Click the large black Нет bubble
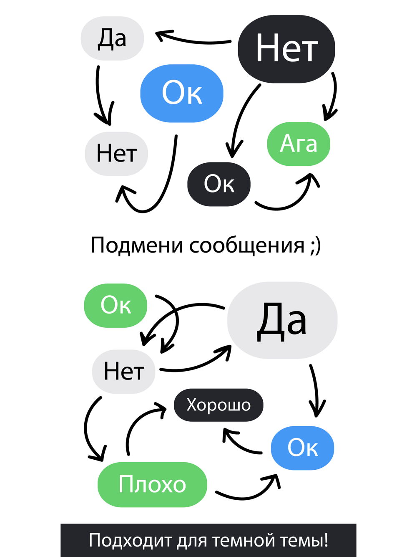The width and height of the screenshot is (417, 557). coord(286,49)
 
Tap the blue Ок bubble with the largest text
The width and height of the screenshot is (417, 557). coord(182,93)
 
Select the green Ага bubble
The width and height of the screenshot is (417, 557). coord(299,144)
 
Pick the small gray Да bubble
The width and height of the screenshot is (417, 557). coord(112,38)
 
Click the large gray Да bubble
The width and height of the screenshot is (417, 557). coord(282,320)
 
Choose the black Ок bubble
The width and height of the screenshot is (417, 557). coord(219,184)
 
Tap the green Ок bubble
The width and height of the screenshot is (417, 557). coord(116,306)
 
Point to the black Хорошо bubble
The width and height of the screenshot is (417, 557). coord(219,405)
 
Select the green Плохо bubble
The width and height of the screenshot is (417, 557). coord(152,485)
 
